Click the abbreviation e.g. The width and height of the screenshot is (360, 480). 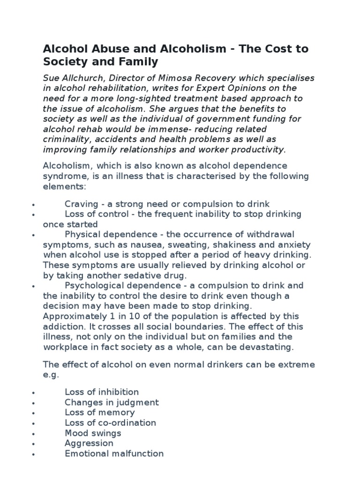coord(49,375)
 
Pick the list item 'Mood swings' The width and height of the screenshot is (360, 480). coord(93,433)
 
